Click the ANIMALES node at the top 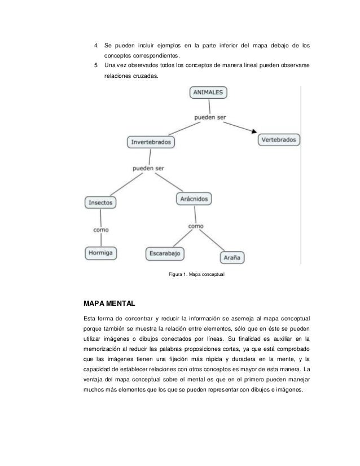point(209,93)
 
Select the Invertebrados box point(151,142)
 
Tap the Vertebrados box point(279,139)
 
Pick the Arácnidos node point(195,199)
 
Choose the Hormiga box point(101,253)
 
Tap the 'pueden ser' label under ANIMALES point(210,118)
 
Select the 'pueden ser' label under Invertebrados point(148,168)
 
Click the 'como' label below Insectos point(101,230)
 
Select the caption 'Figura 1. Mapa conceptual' point(194,275)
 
